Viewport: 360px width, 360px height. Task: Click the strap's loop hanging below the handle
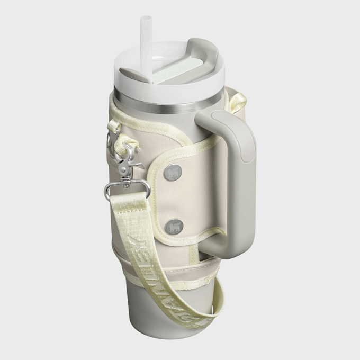[222, 302]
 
